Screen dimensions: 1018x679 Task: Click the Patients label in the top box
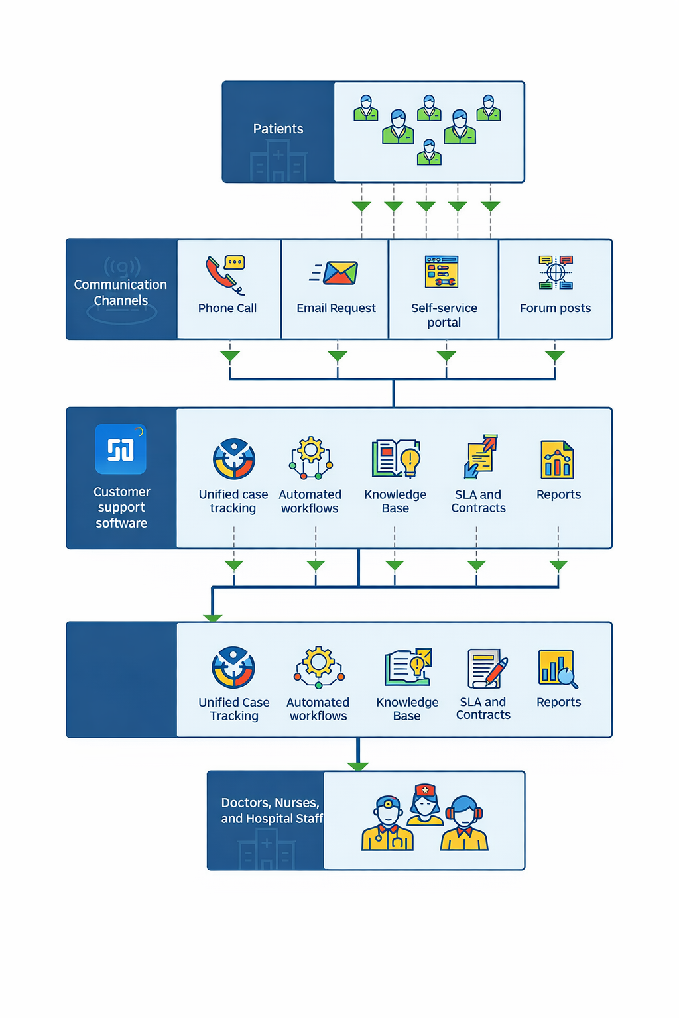tap(278, 129)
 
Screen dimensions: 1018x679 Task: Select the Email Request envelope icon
tap(339, 272)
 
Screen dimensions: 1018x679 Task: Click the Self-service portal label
tap(444, 315)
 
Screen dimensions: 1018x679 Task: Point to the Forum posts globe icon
tap(556, 272)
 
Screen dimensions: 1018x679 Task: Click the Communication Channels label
tap(121, 292)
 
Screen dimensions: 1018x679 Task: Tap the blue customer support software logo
tap(121, 449)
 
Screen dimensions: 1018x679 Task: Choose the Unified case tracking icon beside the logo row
tap(233, 459)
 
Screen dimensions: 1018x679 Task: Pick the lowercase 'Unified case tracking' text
tap(233, 501)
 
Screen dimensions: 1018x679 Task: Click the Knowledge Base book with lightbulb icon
tap(396, 459)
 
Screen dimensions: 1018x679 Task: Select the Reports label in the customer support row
tap(558, 494)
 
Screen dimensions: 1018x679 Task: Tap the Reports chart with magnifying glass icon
tap(558, 669)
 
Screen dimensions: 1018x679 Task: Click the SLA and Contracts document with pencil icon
tap(487, 669)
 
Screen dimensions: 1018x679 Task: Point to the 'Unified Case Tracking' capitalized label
tap(234, 708)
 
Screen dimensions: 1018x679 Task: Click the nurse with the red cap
tap(424, 805)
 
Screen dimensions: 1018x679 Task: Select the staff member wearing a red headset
tap(464, 824)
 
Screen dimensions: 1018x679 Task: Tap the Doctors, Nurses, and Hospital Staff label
tap(271, 811)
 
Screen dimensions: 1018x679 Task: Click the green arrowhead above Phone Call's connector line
tap(230, 356)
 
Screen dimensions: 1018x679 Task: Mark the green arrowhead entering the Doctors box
tap(358, 767)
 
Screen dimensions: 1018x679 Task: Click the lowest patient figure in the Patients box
tap(429, 152)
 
